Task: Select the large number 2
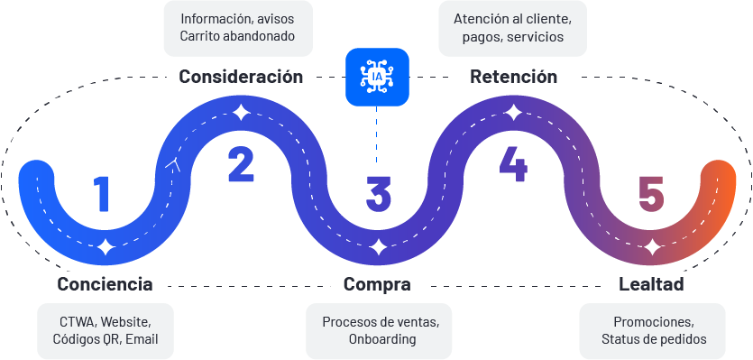pyautogui.click(x=241, y=164)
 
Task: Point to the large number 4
pyautogui.click(x=512, y=164)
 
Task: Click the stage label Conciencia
pyautogui.click(x=105, y=285)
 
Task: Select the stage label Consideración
pyautogui.click(x=241, y=77)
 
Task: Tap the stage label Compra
pyautogui.click(x=377, y=285)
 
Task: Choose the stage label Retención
pyautogui.click(x=513, y=77)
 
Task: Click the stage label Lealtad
pyautogui.click(x=651, y=285)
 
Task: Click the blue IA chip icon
pyautogui.click(x=377, y=78)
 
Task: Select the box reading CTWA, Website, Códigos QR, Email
pyautogui.click(x=105, y=330)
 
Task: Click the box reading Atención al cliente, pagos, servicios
pyautogui.click(x=513, y=28)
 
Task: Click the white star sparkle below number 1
pyautogui.click(x=106, y=245)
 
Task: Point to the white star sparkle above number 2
pyautogui.click(x=241, y=113)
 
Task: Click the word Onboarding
pyautogui.click(x=382, y=339)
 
